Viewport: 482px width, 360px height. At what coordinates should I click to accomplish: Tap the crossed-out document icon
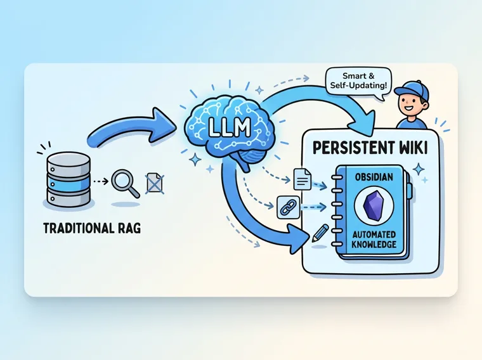click(x=155, y=183)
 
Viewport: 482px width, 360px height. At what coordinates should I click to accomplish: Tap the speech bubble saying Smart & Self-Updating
click(x=358, y=82)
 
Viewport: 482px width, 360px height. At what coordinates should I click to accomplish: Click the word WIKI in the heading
click(x=414, y=148)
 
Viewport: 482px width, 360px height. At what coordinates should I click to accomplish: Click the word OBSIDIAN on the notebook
click(x=374, y=177)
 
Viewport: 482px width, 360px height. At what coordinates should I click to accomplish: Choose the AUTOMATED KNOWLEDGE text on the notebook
click(x=374, y=240)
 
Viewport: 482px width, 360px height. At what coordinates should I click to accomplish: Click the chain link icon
click(x=289, y=208)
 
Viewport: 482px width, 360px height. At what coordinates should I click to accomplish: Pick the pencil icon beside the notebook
click(x=320, y=233)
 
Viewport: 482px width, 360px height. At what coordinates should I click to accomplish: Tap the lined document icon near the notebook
click(x=303, y=179)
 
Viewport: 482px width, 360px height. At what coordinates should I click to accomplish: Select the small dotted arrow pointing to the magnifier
click(x=100, y=181)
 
